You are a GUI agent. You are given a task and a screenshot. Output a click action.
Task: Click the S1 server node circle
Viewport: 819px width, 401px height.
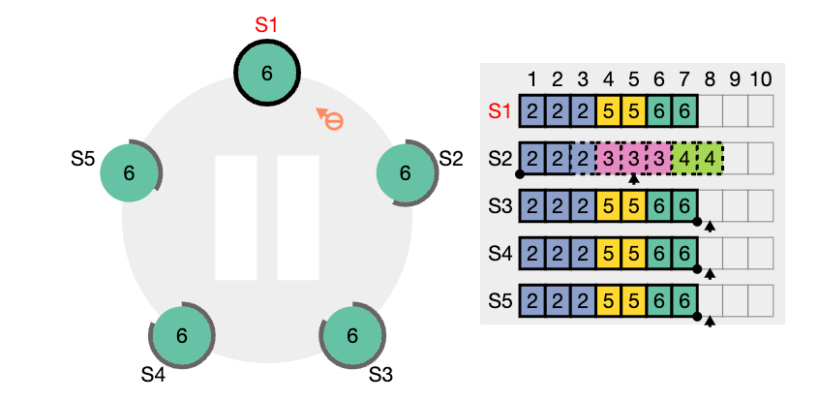point(267,74)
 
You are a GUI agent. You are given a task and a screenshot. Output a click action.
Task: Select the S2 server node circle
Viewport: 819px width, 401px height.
point(406,173)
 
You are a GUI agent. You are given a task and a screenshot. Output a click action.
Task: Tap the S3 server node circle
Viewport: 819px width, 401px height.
point(352,336)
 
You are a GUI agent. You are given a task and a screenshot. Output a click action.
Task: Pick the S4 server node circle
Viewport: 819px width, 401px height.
point(182,336)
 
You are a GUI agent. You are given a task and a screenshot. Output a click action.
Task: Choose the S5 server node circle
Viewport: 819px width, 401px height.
point(129,173)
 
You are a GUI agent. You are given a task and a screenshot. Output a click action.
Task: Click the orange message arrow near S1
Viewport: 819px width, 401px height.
point(330,119)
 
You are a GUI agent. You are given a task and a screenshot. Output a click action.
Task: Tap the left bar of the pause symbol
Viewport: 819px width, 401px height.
point(236,218)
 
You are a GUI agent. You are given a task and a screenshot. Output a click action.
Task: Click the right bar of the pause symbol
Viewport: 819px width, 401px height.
point(298,218)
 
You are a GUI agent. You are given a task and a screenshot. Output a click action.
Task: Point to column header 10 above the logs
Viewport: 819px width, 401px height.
point(760,79)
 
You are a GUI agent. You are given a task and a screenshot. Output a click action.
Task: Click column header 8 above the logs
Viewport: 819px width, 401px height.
point(710,79)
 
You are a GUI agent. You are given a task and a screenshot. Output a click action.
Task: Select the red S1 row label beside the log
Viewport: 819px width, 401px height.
point(499,110)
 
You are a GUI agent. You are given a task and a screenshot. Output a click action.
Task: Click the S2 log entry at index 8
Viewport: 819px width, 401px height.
point(710,159)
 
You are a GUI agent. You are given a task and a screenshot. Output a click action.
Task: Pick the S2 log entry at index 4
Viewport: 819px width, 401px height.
point(608,159)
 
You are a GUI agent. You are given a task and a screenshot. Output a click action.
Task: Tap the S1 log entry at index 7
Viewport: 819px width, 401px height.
point(684,110)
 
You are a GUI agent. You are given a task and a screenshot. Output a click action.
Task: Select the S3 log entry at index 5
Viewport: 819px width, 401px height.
point(633,206)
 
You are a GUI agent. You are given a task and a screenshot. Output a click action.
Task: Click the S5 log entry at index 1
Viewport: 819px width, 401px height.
point(532,301)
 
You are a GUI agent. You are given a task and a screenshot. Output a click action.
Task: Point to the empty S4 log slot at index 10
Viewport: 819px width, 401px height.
point(760,254)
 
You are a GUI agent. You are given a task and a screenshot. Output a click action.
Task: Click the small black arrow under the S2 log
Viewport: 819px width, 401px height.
point(633,179)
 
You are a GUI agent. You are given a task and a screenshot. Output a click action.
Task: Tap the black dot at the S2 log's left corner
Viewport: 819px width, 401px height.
point(520,174)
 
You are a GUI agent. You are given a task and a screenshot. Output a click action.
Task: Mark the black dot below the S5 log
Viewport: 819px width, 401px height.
point(697,317)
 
